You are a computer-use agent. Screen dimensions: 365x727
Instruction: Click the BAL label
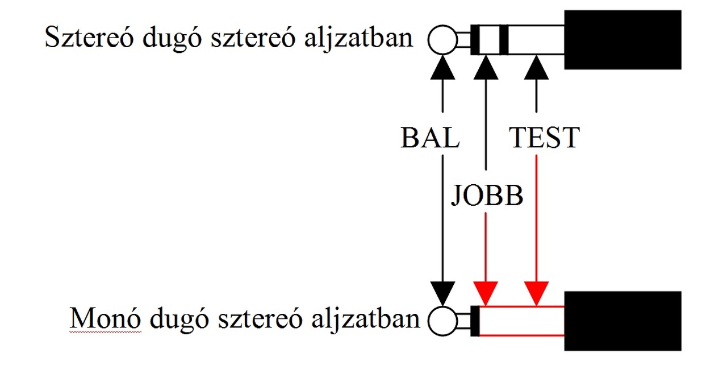(431, 138)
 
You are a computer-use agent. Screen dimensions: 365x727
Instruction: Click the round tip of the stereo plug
(442, 40)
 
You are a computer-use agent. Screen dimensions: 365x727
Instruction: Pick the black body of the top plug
(622, 39)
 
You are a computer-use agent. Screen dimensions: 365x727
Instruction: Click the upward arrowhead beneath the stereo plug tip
(442, 68)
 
